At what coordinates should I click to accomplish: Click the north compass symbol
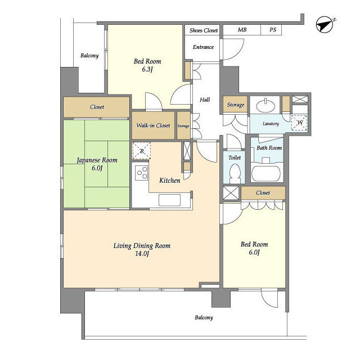coord(325,25)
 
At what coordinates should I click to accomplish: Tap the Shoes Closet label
coord(204,30)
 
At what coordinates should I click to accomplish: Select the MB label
coord(242,30)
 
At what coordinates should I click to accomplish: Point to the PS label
coord(273,30)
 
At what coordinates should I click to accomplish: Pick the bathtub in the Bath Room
coord(266,174)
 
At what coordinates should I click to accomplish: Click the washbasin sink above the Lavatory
coord(265,106)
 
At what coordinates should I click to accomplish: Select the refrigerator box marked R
coord(142,151)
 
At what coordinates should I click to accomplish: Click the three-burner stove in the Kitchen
coord(142,173)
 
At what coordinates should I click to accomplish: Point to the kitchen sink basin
coord(169,200)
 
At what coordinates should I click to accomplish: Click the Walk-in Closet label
coord(153,125)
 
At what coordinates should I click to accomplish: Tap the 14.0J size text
coord(142,254)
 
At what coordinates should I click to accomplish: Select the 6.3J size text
coord(147,69)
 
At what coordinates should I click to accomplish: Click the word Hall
coord(205,100)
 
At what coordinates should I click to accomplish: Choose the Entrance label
coord(203,47)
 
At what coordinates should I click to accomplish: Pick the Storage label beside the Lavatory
coord(236,105)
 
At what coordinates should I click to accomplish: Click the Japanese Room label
coord(97,160)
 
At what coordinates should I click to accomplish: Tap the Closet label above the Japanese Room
coord(97,107)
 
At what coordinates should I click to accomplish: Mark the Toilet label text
coord(235,157)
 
